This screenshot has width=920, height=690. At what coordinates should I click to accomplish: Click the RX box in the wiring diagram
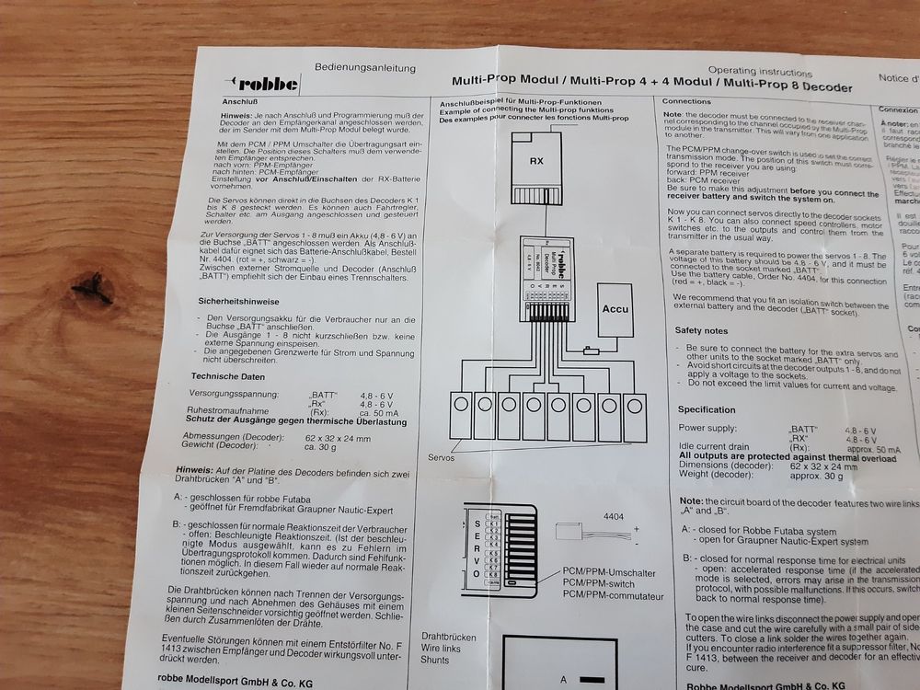tap(536, 162)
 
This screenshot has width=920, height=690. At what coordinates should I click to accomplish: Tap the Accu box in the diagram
tap(615, 308)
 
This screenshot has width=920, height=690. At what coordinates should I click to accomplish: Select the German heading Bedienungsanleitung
tap(364, 67)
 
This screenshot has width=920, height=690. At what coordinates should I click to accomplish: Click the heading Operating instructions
tap(758, 70)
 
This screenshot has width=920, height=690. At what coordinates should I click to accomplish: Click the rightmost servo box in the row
tap(634, 417)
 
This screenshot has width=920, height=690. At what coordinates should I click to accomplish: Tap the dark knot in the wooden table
tap(95, 292)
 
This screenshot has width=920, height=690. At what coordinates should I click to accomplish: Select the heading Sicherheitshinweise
tap(239, 301)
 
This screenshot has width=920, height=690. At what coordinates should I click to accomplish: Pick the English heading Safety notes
tap(701, 330)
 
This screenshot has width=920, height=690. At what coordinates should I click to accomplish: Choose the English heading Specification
tap(707, 409)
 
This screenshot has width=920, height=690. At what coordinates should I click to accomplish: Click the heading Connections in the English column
tap(686, 100)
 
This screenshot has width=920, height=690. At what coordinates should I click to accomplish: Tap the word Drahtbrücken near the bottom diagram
tap(449, 637)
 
